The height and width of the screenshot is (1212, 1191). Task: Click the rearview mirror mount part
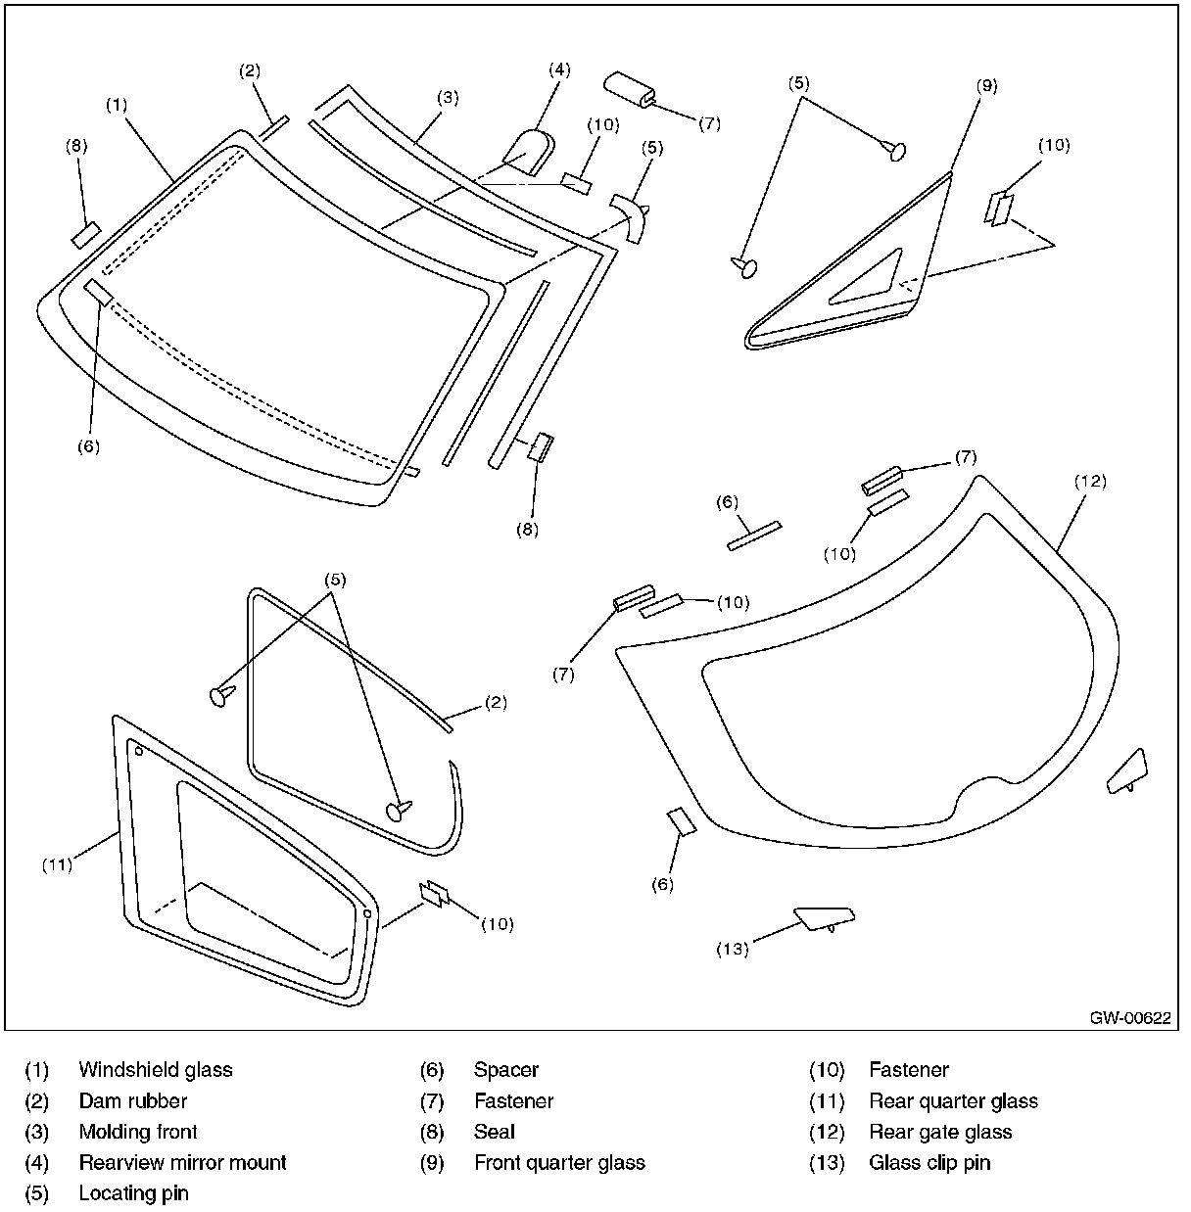529,152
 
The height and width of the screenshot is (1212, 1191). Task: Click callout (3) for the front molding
448,97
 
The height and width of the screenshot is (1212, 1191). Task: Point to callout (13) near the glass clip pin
733,948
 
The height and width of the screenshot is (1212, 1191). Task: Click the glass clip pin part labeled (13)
823,917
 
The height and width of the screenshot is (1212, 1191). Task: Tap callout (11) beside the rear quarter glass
59,864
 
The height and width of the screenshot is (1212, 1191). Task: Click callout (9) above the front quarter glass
986,85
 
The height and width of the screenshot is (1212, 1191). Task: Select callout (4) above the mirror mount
558,70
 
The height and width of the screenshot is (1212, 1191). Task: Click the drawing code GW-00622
1129,1017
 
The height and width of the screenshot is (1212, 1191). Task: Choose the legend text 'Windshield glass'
156,1069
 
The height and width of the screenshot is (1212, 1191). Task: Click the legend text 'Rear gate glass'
940,1132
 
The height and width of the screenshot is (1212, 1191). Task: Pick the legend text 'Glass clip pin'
929,1163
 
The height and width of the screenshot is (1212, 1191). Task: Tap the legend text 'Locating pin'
133,1193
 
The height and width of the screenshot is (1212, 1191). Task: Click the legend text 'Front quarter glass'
559,1163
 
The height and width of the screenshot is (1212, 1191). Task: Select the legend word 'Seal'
494,1132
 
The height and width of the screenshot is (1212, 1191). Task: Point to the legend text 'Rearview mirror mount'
182,1163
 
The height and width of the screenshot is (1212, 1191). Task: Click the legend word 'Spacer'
505,1069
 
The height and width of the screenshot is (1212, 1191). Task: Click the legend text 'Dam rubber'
132,1100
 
